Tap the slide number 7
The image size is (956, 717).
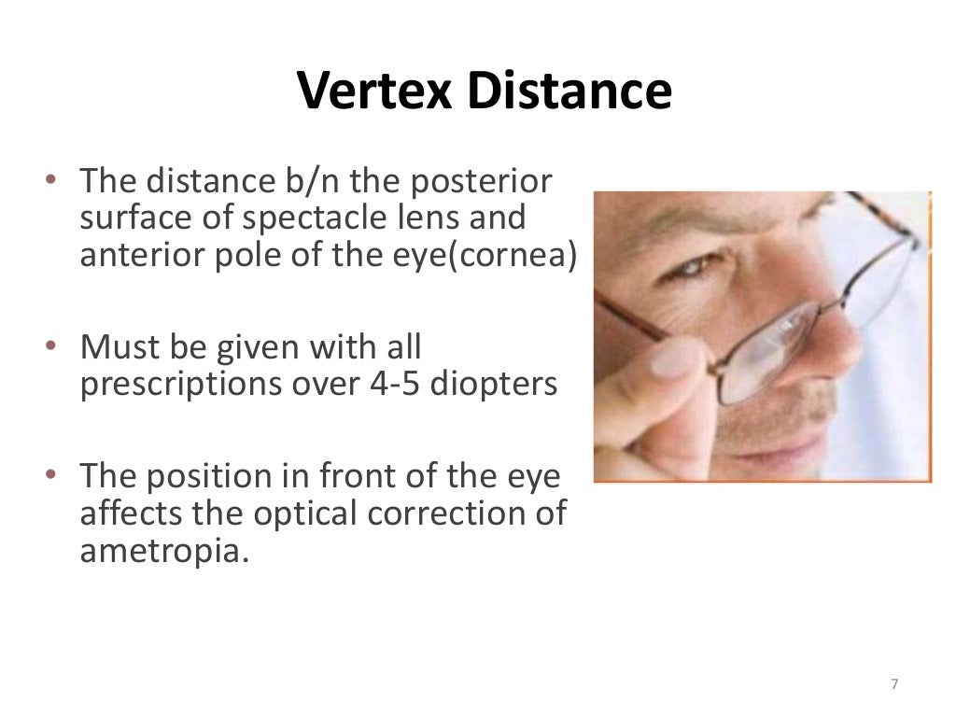click(893, 684)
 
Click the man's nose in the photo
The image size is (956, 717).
click(812, 345)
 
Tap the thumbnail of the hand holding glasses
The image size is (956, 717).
click(654, 373)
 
